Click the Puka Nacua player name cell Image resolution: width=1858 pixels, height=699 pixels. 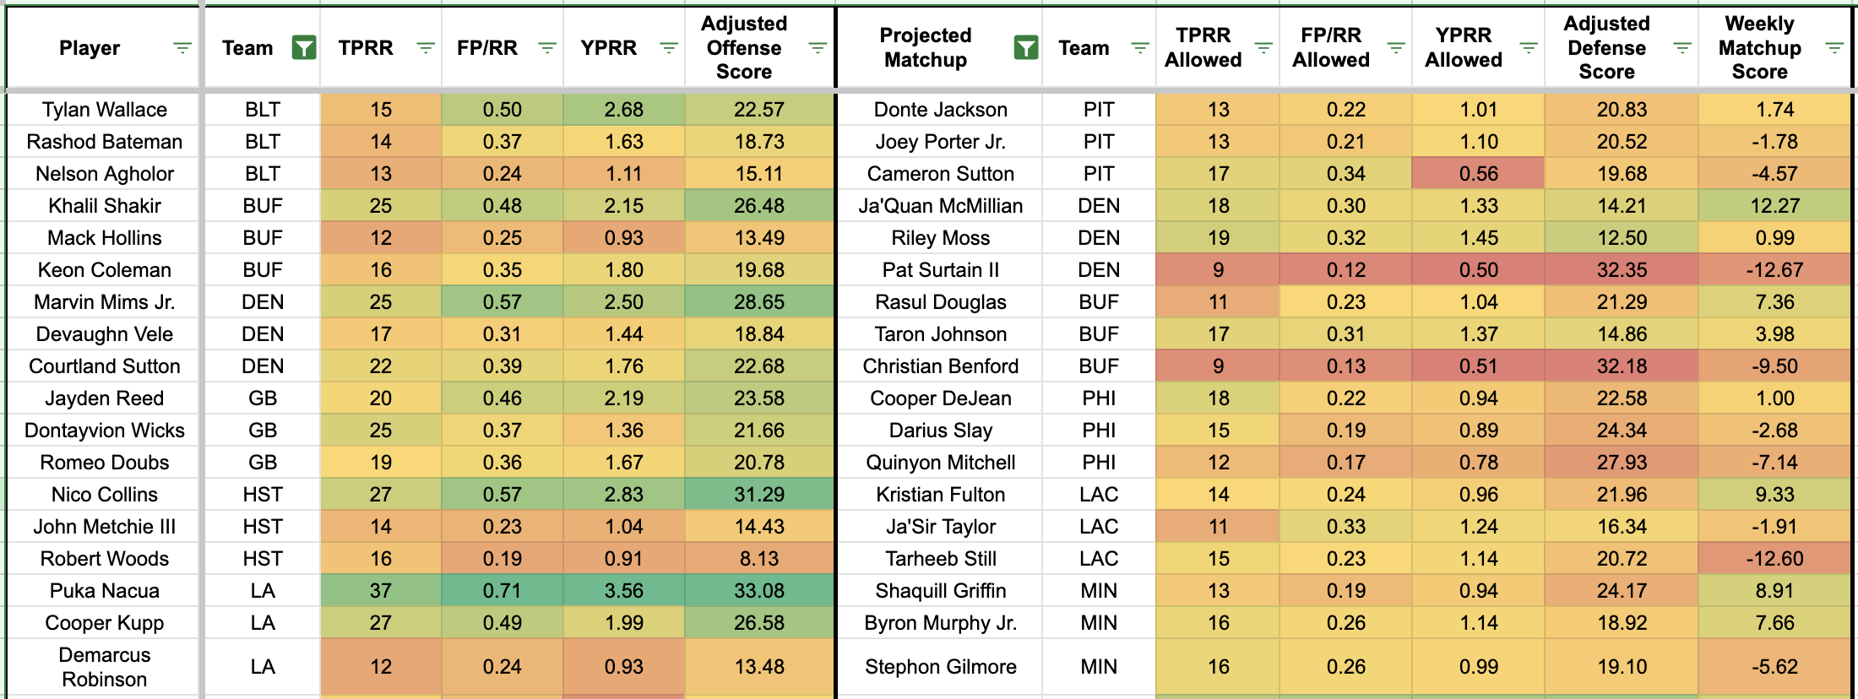tap(104, 590)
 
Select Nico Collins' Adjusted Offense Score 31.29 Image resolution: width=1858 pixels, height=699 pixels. tap(758, 494)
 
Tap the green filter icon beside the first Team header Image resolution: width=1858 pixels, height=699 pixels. tap(303, 48)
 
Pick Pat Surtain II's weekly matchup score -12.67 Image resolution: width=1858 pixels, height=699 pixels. tap(1774, 269)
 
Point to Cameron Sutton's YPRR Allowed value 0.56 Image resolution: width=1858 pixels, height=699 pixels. tap(1478, 173)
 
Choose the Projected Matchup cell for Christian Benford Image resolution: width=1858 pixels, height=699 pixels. tap(940, 366)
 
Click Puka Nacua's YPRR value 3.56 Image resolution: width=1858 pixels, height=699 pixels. tap(623, 590)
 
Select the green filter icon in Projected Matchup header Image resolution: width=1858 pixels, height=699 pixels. tap(1025, 48)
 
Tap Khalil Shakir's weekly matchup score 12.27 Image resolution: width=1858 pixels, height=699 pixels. tap(1774, 205)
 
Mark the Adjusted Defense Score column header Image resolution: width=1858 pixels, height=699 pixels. tap(1605, 48)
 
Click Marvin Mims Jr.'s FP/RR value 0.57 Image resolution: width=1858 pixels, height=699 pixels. tap(502, 301)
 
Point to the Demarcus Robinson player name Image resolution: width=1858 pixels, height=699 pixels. tap(104, 666)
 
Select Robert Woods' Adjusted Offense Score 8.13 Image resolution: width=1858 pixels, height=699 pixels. tap(758, 558)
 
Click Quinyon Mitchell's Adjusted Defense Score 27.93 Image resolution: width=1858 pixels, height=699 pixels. tap(1621, 462)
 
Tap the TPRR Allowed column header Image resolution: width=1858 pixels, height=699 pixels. tap(1203, 48)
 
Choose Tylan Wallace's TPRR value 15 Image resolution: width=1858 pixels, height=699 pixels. tap(380, 109)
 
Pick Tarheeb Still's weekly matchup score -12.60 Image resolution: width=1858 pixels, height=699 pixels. tap(1774, 558)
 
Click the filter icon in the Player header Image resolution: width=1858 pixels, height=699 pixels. tap(182, 48)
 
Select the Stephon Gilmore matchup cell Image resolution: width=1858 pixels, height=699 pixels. tap(940, 666)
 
